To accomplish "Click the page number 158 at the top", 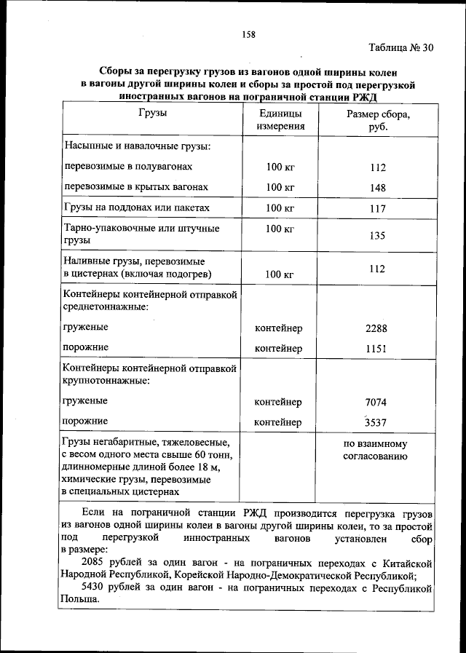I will click(x=248, y=33).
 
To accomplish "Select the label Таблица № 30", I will click(x=401, y=48).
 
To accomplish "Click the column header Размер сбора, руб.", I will click(x=377, y=120).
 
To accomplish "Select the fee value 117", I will click(x=377, y=208).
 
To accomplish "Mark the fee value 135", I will click(x=377, y=236).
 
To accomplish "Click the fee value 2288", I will click(x=377, y=328).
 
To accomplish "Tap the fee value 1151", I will click(x=377, y=348).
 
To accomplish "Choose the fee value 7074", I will click(x=377, y=402).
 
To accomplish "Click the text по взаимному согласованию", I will click(x=375, y=450).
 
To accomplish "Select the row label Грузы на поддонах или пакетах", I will click(x=136, y=208).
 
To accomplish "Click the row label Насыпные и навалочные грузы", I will click(x=137, y=147).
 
